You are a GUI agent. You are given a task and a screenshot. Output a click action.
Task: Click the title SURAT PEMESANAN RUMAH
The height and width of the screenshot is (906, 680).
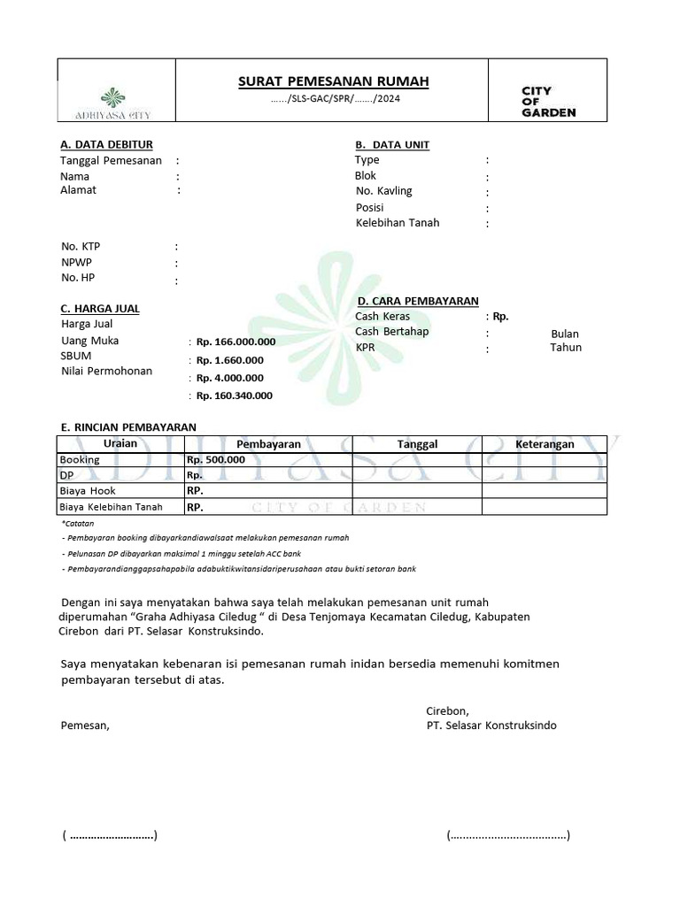point(334,81)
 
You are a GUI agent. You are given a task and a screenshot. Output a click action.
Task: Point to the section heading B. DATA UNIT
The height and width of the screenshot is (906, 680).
point(392,144)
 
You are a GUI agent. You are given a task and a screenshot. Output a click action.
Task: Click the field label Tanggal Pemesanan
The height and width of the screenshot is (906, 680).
point(111,160)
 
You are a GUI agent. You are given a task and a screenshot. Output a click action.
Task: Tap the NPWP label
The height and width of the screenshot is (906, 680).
point(76,263)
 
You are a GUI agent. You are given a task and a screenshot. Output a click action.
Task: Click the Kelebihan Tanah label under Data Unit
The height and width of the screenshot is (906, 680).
point(398,223)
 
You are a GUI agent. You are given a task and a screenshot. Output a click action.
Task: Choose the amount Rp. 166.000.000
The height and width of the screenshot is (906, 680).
point(236,342)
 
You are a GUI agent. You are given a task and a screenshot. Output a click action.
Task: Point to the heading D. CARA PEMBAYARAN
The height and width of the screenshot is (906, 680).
point(418,302)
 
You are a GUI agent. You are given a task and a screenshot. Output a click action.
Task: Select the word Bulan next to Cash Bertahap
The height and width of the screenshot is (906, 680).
point(564,334)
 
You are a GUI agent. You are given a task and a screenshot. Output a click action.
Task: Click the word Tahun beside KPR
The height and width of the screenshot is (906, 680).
point(565,348)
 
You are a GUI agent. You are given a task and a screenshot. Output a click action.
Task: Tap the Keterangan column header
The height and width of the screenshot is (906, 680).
point(545,444)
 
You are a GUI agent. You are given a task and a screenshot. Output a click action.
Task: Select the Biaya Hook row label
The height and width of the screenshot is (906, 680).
point(88,490)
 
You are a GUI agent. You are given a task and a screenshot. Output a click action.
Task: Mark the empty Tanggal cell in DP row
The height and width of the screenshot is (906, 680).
point(417,475)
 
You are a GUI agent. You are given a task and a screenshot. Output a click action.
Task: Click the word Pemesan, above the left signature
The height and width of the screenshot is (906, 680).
point(85,726)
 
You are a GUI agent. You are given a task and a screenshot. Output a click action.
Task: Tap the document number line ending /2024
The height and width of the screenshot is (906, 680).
point(336,99)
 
